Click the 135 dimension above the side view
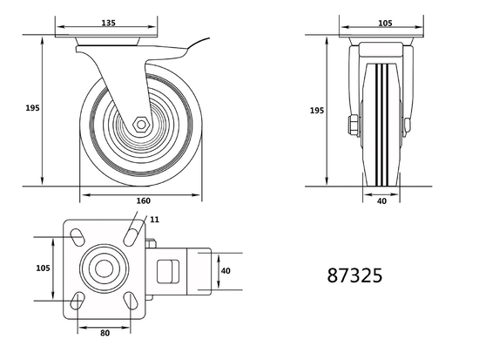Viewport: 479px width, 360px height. [109, 24]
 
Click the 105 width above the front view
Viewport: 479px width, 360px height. [383, 24]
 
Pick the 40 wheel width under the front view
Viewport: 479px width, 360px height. [382, 201]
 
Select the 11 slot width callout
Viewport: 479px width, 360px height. [155, 221]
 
